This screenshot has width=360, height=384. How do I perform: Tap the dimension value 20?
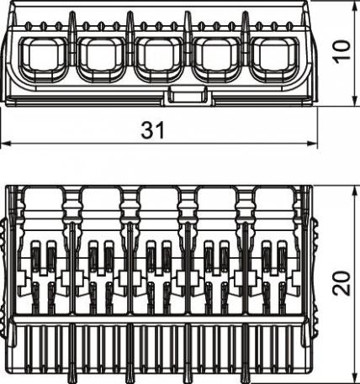click(x=339, y=282)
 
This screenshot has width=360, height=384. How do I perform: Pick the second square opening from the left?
click(x=98, y=55)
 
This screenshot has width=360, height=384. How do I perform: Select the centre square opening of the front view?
click(x=156, y=55)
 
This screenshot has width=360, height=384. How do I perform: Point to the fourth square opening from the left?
click(x=214, y=55)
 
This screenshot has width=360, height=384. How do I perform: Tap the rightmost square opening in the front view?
click(x=272, y=55)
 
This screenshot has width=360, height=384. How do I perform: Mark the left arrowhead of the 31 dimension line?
click(x=5, y=144)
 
